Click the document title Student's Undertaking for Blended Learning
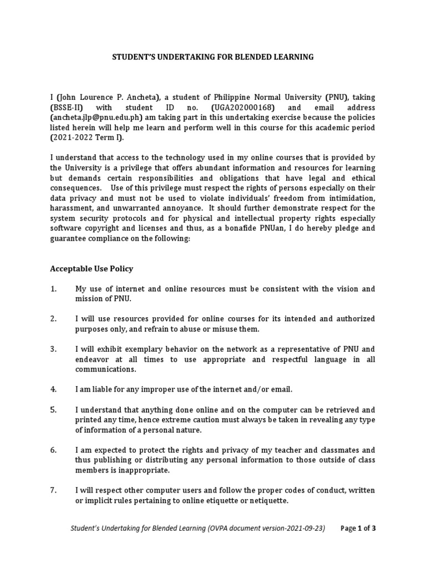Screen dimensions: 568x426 point(212,57)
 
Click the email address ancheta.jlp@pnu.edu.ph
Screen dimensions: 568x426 point(97,118)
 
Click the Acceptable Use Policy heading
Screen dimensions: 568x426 point(92,268)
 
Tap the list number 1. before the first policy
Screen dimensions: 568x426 point(54,289)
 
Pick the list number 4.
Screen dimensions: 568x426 point(54,389)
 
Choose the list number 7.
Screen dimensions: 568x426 point(54,490)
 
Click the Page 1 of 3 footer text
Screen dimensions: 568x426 point(358,528)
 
